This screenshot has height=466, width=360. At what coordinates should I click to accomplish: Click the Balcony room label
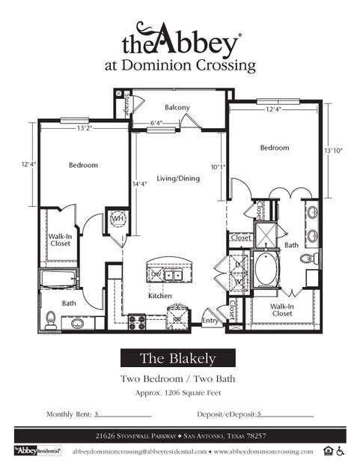click(x=177, y=108)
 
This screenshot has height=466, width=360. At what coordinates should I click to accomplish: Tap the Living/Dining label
click(x=177, y=178)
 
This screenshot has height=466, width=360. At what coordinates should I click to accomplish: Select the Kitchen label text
click(x=160, y=296)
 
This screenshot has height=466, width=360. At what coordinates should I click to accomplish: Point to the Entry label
click(x=210, y=321)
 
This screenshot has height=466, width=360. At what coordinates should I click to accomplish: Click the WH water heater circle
click(x=118, y=220)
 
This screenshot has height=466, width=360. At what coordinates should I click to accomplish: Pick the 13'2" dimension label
click(x=84, y=127)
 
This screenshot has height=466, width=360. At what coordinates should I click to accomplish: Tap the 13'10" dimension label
click(x=334, y=151)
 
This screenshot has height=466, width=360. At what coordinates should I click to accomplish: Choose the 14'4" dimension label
click(x=140, y=184)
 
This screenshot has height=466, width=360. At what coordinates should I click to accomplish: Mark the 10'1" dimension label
click(x=218, y=167)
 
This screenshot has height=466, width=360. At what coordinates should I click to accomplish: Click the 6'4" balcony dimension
click(x=156, y=124)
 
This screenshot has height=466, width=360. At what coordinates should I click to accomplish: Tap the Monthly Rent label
click(x=70, y=414)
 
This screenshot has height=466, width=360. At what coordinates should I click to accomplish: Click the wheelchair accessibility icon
click(x=340, y=450)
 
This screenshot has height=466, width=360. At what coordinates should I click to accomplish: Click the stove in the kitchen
click(x=137, y=321)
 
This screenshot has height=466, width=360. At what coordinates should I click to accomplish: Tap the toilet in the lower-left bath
click(x=52, y=320)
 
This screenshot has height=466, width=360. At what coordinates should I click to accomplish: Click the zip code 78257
click(x=257, y=435)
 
